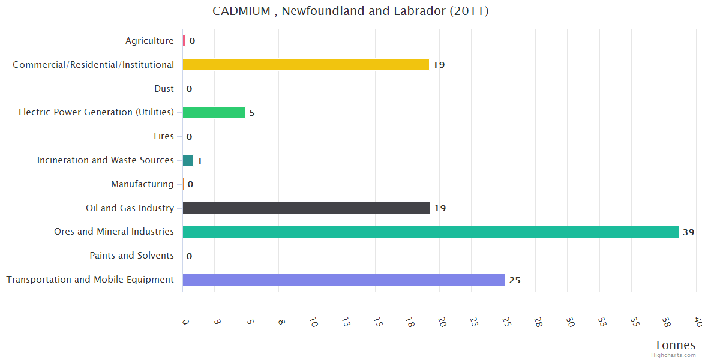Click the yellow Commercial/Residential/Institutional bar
305,64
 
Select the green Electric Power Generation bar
214,112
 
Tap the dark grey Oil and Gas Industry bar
306,208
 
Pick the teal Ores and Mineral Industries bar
430,232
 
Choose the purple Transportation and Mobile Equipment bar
343,280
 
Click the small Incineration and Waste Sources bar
188,160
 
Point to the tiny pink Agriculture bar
184,41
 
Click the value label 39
688,232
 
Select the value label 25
515,280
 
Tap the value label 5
252,113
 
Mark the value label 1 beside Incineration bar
200,161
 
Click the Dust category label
164,89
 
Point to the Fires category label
164,136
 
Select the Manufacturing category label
142,184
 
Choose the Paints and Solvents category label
131,256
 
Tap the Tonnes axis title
675,345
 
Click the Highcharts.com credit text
674,355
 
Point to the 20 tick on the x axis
442,322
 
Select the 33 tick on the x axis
602,322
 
